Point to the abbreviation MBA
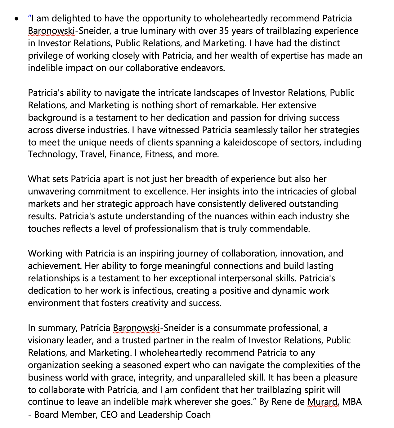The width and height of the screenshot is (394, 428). [x=352, y=402]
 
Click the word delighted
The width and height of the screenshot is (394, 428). [x=70, y=19]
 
